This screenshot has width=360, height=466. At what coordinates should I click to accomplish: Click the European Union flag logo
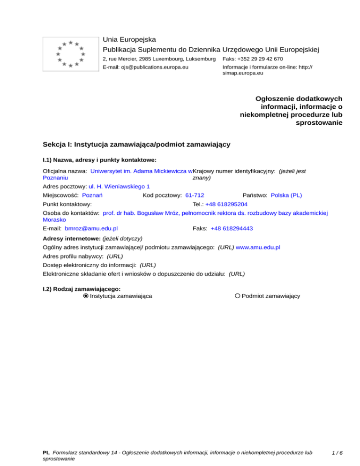[70, 53]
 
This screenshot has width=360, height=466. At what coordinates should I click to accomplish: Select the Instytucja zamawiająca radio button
[86, 296]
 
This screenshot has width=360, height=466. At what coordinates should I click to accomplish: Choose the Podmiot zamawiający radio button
[238, 296]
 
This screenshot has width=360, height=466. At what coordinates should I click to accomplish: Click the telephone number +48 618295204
[226, 204]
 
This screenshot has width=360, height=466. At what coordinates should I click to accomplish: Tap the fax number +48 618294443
[232, 228]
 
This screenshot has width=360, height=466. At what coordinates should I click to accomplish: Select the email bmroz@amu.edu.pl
[91, 228]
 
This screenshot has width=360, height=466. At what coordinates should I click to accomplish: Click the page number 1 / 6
[337, 453]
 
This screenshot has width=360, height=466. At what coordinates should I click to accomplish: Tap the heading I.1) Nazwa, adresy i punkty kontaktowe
[99, 160]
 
